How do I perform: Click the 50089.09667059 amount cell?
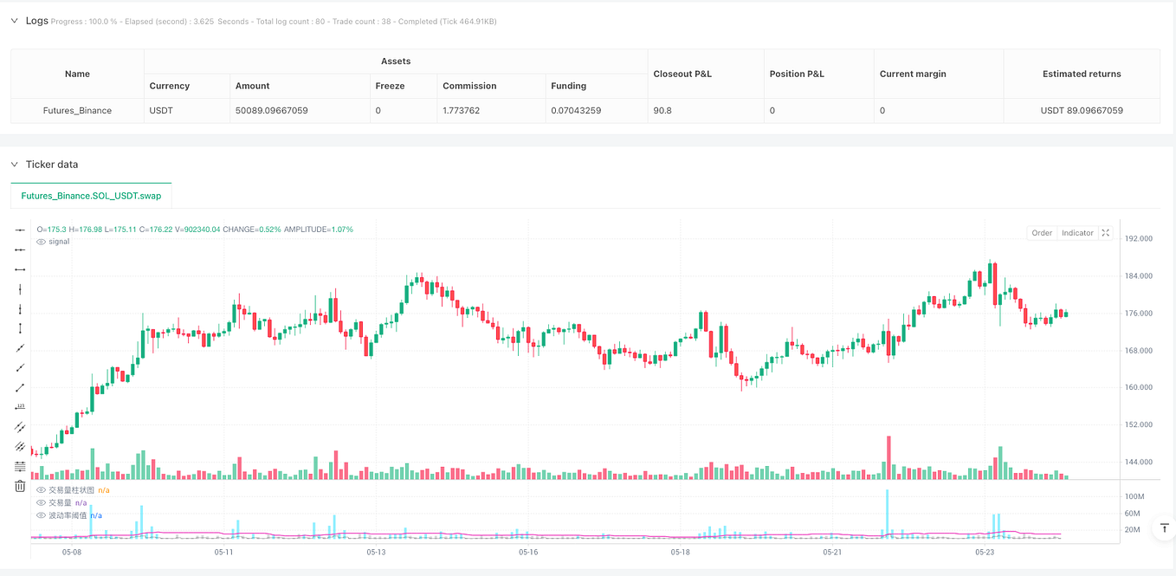pyautogui.click(x=272, y=111)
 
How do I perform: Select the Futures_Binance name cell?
pyautogui.click(x=77, y=111)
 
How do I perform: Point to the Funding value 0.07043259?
pyautogui.click(x=576, y=111)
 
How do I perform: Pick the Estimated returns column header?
pyautogui.click(x=1082, y=74)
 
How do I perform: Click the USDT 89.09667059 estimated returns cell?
pyautogui.click(x=1082, y=111)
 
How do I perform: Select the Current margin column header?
pyautogui.click(x=913, y=74)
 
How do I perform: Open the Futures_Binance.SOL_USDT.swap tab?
pyautogui.click(x=91, y=196)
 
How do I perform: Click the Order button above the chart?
pyautogui.click(x=1042, y=233)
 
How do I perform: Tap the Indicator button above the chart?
pyautogui.click(x=1077, y=233)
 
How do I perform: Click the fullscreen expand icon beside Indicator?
pyautogui.click(x=1105, y=233)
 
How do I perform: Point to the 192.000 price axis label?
pyautogui.click(x=1138, y=239)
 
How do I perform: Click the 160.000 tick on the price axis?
pyautogui.click(x=1138, y=388)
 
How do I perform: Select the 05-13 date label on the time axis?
pyautogui.click(x=376, y=552)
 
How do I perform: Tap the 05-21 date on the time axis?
pyautogui.click(x=832, y=552)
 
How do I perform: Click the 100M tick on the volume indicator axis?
pyautogui.click(x=1134, y=497)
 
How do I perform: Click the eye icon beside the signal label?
pyautogui.click(x=42, y=242)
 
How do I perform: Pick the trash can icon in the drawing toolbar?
pyautogui.click(x=20, y=486)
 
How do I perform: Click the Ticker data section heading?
pyautogui.click(x=52, y=165)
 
